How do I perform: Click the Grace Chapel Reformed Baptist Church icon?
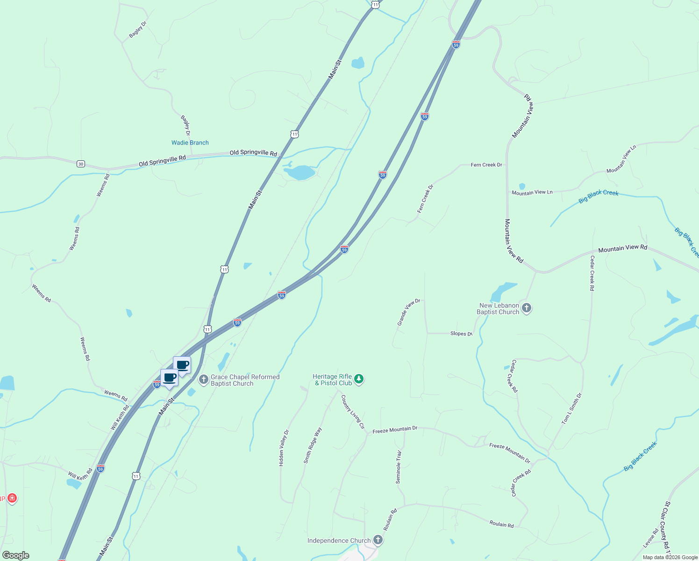pos(203,380)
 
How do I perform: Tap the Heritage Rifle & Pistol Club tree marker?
pos(358,379)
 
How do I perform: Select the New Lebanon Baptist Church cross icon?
pos(527,308)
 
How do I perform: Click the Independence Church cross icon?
pos(378,540)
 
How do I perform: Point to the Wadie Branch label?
pos(190,143)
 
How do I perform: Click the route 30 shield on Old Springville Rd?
pos(81,164)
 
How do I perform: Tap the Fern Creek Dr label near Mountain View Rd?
pos(486,165)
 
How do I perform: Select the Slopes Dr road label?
pos(461,334)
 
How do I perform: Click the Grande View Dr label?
pos(409,312)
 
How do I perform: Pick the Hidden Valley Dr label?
pos(284,448)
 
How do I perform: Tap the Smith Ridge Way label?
pos(313,445)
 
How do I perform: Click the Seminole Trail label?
pos(399,467)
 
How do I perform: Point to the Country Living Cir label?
pos(353,412)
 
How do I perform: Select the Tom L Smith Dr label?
pos(572,409)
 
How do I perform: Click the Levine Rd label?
pos(651,538)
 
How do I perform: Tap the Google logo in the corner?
pos(16,555)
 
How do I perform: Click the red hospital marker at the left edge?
pos(12,498)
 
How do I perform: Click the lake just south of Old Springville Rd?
pos(299,173)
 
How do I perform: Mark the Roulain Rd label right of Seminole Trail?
pos(501,525)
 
